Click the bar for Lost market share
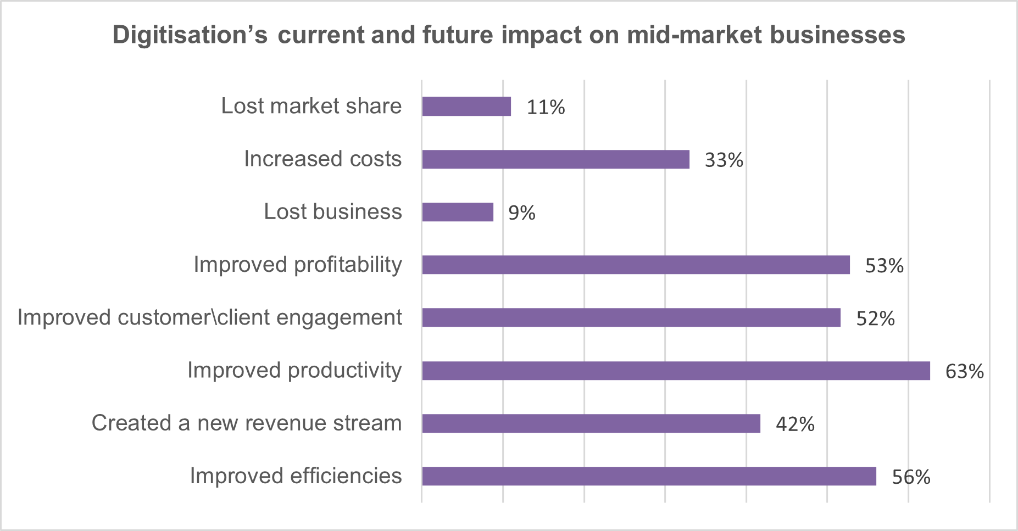click(x=466, y=107)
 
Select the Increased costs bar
click(x=555, y=159)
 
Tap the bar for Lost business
click(x=458, y=212)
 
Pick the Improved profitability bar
click(x=636, y=265)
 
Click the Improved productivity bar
click(x=676, y=371)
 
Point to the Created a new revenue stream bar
click(x=591, y=423)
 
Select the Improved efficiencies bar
click(x=649, y=476)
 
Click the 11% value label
click(x=546, y=107)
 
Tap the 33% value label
click(x=724, y=160)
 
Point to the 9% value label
click(x=521, y=213)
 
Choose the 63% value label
click(x=964, y=372)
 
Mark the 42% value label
click(x=795, y=424)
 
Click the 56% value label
click(x=911, y=477)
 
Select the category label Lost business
click(x=332, y=211)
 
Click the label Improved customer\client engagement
click(x=209, y=317)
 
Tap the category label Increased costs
click(x=322, y=159)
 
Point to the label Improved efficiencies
click(x=296, y=476)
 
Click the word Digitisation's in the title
click(x=190, y=35)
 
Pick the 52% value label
click(x=875, y=318)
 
